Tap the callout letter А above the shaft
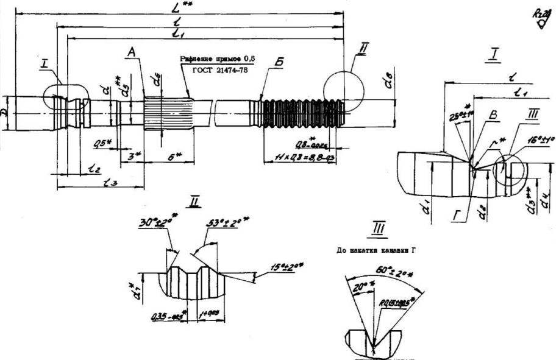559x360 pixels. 130,54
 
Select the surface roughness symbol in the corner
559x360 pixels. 541,18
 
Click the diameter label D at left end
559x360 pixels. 5,114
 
